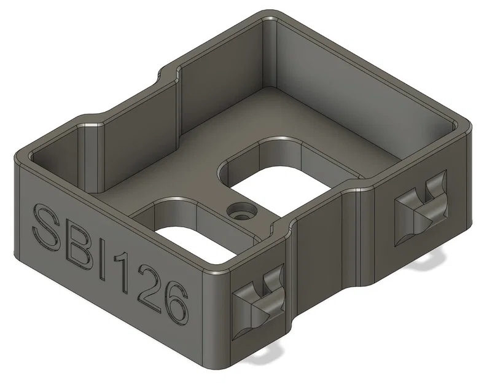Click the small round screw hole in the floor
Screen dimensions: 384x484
pyautogui.click(x=240, y=213)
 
